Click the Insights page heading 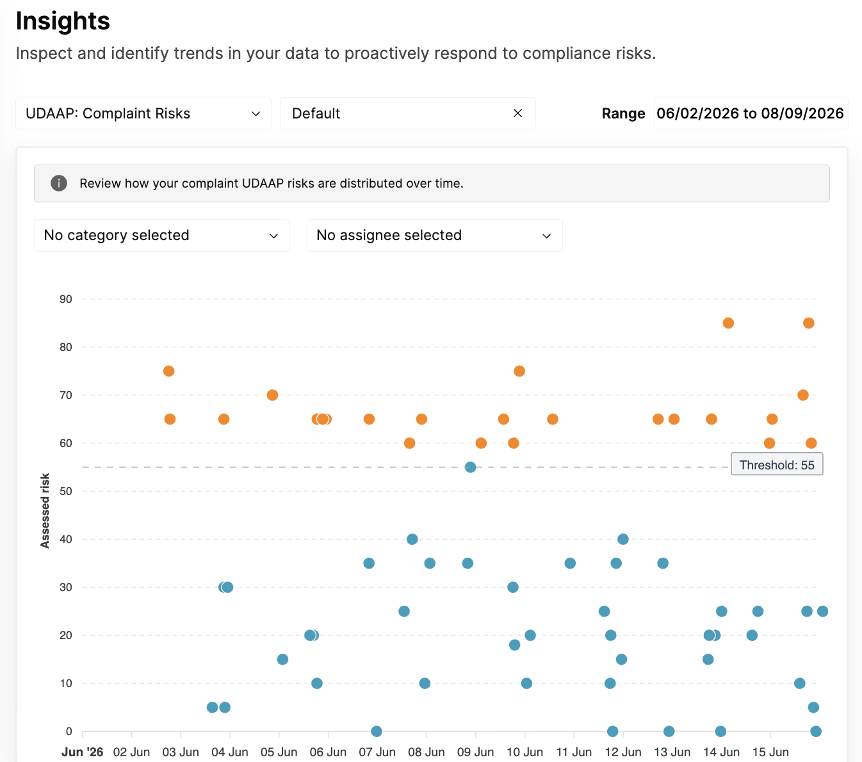(x=63, y=20)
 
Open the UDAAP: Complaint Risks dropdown (x=143, y=113)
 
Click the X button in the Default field (x=517, y=113)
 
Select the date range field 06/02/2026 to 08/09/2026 (x=751, y=113)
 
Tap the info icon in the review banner (x=59, y=183)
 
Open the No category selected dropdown (x=161, y=235)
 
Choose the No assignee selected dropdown (x=434, y=235)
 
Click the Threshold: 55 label (x=776, y=465)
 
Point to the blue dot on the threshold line (x=470, y=467)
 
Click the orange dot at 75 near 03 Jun (x=169, y=371)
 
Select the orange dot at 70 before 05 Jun (x=272, y=395)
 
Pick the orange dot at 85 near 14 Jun (x=728, y=323)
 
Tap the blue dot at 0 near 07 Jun (x=376, y=731)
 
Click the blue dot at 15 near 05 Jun (x=282, y=660)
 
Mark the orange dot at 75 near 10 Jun (x=519, y=371)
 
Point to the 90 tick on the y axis (x=66, y=299)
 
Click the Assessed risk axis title (x=45, y=510)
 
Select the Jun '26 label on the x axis (x=82, y=752)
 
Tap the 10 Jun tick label (x=525, y=752)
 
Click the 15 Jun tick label (x=770, y=752)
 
